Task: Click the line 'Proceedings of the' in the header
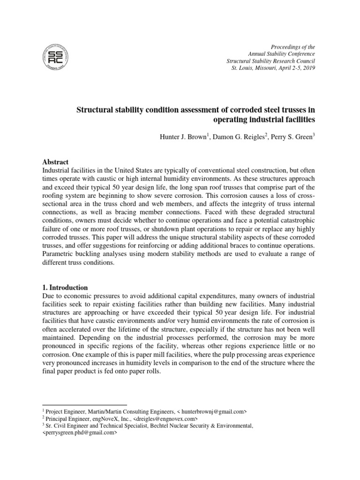click(293, 47)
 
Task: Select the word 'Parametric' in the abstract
click(60, 254)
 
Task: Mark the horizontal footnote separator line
click(84, 405)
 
